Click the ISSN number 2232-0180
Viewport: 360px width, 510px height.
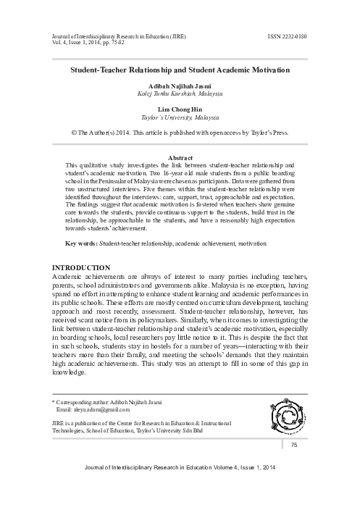coord(293,34)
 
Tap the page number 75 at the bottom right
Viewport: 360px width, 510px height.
coord(314,444)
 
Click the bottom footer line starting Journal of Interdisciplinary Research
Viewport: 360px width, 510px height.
coord(180,470)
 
